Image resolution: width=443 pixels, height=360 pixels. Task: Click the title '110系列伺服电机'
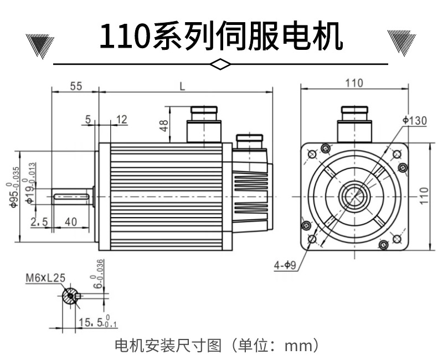(221, 36)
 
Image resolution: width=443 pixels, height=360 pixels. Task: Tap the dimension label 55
(76, 86)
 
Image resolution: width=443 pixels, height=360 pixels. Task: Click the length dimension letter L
(183, 86)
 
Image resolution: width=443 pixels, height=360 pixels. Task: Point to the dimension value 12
(122, 119)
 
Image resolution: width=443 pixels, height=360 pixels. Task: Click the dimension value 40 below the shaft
(71, 222)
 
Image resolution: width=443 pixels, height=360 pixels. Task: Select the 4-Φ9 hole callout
(286, 265)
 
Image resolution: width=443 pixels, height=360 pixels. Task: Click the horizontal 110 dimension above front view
(354, 83)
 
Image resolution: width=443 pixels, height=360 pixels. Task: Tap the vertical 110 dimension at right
(423, 196)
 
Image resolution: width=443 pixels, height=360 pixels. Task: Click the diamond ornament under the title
(221, 64)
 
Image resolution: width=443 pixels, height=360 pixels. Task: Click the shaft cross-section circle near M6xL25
(71, 296)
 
